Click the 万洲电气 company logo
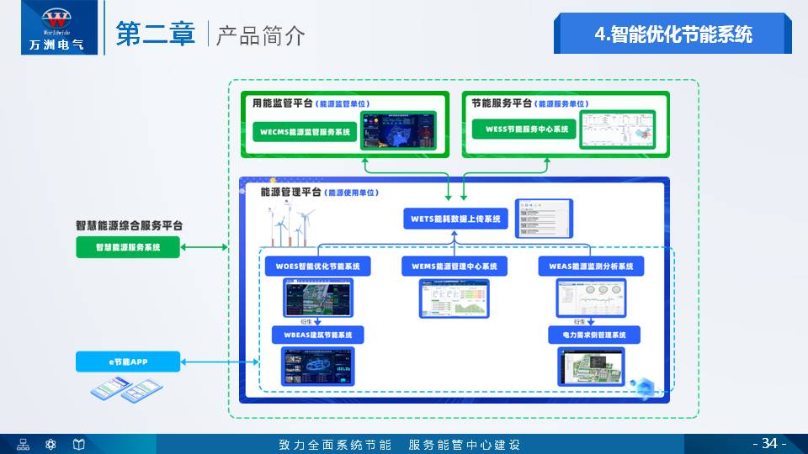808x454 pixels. point(52,28)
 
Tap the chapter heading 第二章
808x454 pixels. point(156,34)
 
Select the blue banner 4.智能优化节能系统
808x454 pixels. point(672,34)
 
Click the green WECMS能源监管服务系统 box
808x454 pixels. point(305,132)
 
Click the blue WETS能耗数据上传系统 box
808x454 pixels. point(455,219)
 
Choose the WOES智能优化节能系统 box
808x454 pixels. point(317,267)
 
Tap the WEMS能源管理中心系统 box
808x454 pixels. point(454,267)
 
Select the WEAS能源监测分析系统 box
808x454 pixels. point(591,267)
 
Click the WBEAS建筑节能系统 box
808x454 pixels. point(317,335)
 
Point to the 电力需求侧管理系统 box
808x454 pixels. point(595,335)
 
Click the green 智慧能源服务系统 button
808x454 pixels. point(128,247)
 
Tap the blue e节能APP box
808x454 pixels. point(128,362)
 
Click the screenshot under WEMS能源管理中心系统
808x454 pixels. point(454,298)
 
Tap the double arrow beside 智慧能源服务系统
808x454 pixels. point(205,247)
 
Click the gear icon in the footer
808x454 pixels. point(50,444)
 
